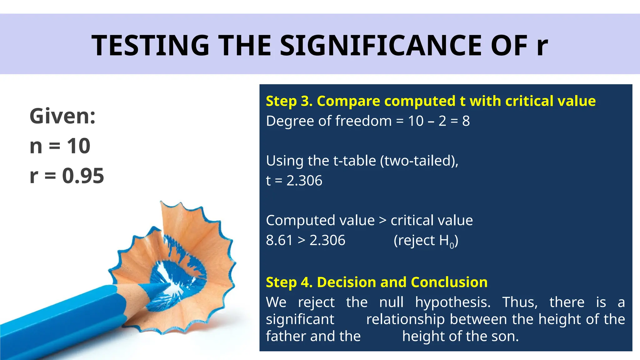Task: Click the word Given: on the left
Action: click(x=62, y=116)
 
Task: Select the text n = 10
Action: click(x=60, y=146)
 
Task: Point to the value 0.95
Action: click(x=83, y=176)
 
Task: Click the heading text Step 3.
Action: click(x=289, y=101)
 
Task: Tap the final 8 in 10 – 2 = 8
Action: click(x=466, y=121)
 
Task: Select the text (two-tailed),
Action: click(x=419, y=161)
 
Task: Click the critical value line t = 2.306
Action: click(x=294, y=181)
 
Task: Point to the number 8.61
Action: click(x=279, y=240)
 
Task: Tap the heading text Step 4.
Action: click(x=289, y=282)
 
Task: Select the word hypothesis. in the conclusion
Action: click(x=453, y=302)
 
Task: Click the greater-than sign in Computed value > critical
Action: click(x=382, y=221)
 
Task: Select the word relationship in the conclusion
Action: click(x=405, y=319)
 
